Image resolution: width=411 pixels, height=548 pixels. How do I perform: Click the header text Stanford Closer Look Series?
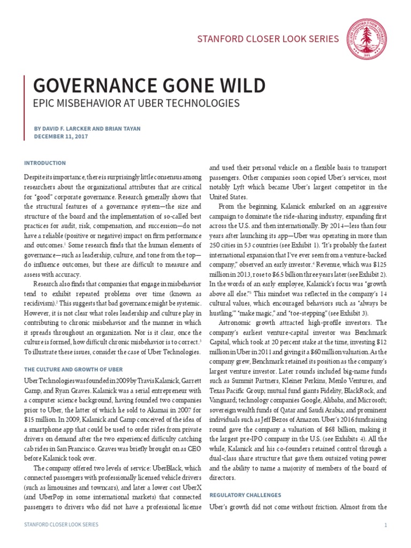(x=269, y=39)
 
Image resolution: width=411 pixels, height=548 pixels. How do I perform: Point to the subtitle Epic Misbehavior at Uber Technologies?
(x=136, y=103)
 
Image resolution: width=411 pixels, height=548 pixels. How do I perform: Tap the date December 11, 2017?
(x=61, y=136)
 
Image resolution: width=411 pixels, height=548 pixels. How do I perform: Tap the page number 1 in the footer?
(x=385, y=525)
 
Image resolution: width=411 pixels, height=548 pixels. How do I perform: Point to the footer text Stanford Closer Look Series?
(x=62, y=525)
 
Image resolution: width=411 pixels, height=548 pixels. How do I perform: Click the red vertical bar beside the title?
(x=25, y=108)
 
